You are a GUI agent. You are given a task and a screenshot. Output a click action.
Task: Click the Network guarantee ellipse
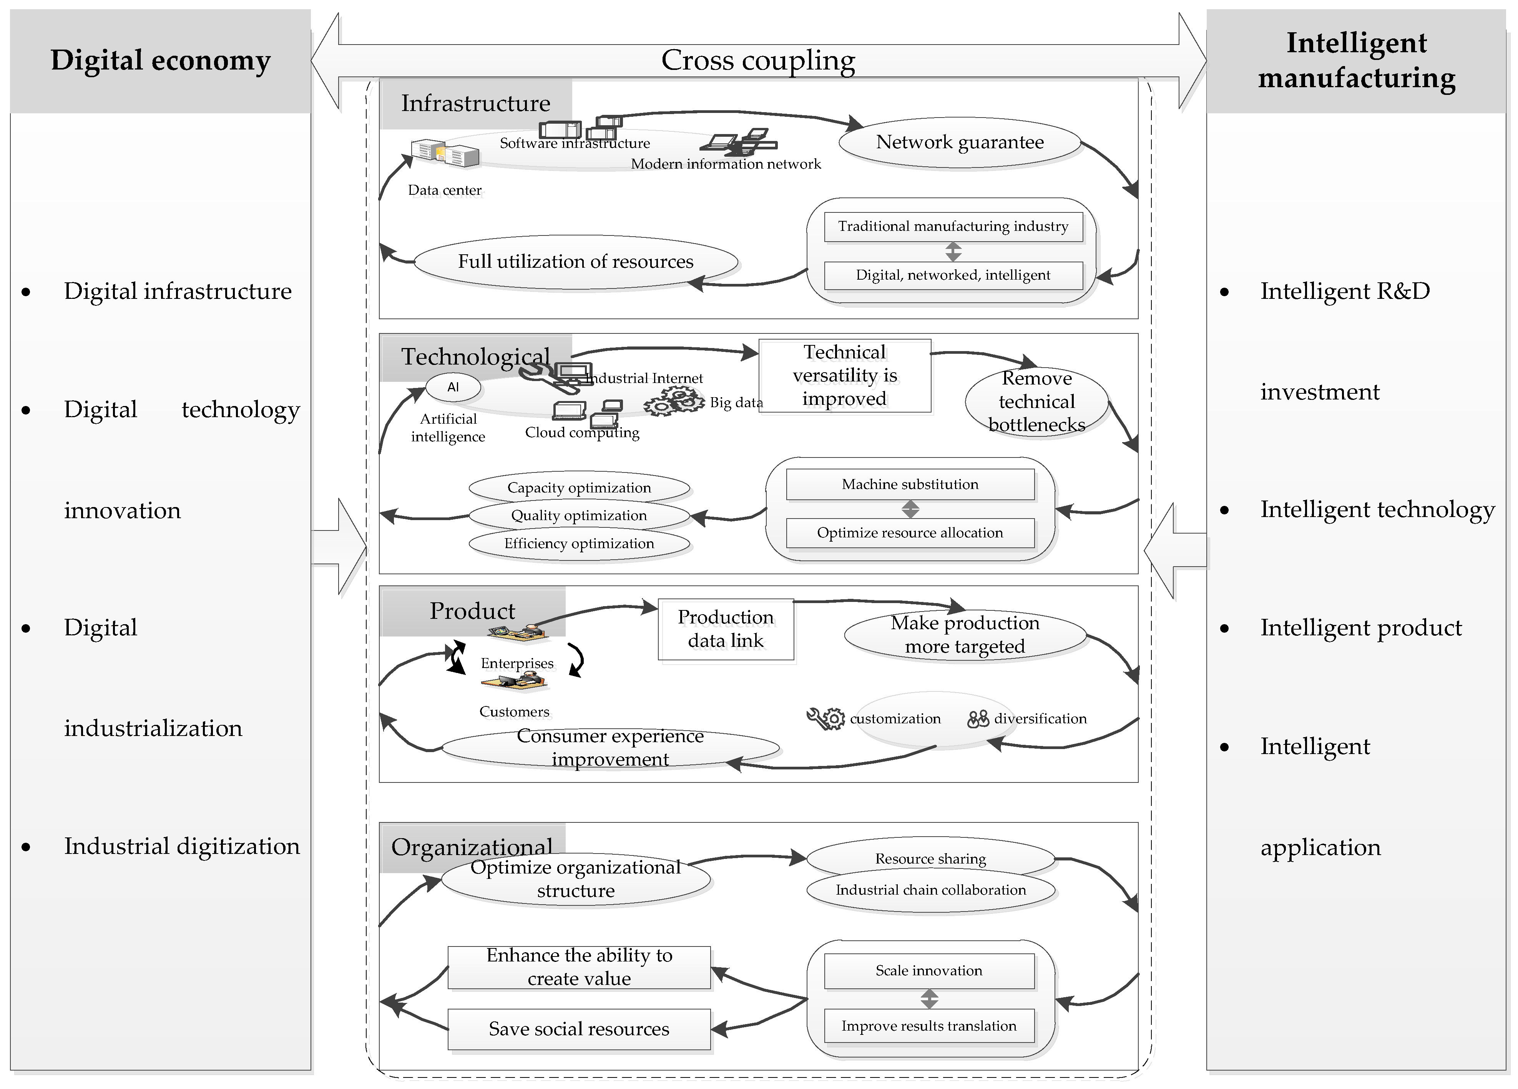coord(959,143)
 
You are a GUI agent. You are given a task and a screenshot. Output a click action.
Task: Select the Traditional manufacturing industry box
coord(953,226)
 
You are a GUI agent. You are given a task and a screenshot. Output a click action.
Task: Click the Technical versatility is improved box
coord(845,376)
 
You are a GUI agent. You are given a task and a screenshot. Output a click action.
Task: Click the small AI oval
coord(453,387)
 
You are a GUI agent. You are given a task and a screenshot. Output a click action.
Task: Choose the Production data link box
coord(726,629)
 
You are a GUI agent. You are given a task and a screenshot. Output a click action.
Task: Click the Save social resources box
coord(579,1029)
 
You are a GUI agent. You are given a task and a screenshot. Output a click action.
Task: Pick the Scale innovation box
coord(929,971)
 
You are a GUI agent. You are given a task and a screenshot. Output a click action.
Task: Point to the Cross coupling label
coord(758,60)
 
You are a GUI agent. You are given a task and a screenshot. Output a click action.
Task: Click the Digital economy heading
coord(161,60)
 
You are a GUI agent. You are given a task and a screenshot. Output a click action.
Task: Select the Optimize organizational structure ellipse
coord(576,879)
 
